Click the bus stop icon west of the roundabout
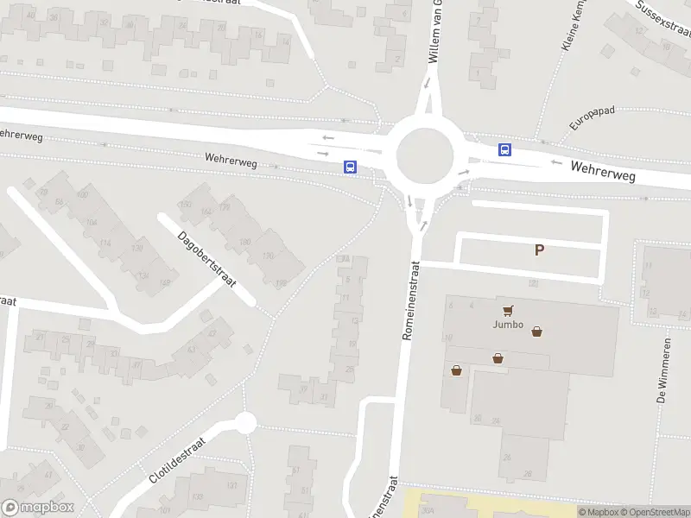pyautogui.click(x=351, y=167)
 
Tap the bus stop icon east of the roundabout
pyautogui.click(x=504, y=150)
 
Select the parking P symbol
pyautogui.click(x=540, y=250)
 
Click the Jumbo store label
pyautogui.click(x=509, y=325)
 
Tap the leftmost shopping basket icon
pyautogui.click(x=456, y=370)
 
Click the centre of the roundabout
pyautogui.click(x=425, y=156)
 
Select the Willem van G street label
pyautogui.click(x=436, y=32)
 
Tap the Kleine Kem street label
pyautogui.click(x=574, y=28)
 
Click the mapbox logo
pyautogui.click(x=38, y=508)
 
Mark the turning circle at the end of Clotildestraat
pyautogui.click(x=246, y=423)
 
